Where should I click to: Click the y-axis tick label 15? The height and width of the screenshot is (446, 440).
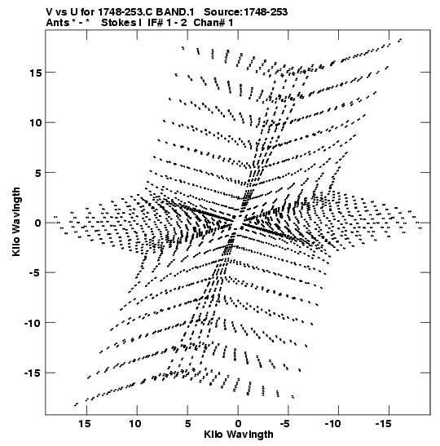(35, 73)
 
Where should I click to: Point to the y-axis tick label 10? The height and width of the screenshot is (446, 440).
(35, 123)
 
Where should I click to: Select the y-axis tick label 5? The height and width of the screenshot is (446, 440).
(38, 173)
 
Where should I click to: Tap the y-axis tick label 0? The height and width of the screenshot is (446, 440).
(38, 223)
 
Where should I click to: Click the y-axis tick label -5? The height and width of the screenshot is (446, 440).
(36, 273)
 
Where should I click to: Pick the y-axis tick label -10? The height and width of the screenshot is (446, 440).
(33, 323)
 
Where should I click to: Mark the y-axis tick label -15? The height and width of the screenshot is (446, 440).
(33, 373)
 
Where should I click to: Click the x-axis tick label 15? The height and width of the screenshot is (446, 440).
(85, 424)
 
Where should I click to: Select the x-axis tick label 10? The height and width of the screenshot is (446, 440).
(135, 424)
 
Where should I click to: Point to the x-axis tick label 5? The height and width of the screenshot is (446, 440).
(187, 424)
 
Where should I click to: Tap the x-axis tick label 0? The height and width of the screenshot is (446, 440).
(238, 424)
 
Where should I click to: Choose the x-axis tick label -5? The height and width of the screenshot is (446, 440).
(285, 424)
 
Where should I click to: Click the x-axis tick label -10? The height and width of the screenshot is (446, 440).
(332, 424)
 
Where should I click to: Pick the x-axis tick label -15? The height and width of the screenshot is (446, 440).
(384, 424)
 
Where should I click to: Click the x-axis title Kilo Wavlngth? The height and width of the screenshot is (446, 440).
(239, 435)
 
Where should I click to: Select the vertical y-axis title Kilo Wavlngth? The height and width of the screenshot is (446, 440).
(16, 222)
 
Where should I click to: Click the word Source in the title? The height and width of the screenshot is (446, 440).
(222, 12)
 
